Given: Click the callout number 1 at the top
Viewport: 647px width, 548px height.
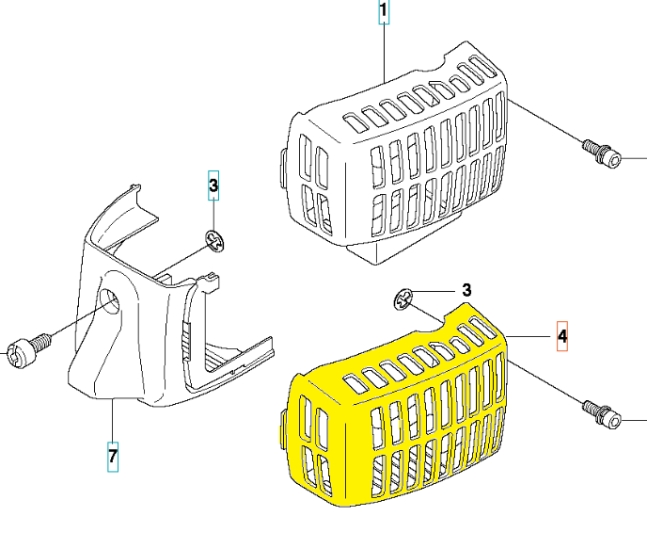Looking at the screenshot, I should tap(384, 12).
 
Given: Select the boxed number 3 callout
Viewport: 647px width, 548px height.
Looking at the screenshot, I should tap(213, 187).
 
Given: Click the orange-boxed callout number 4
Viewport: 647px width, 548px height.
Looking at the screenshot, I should tap(562, 335).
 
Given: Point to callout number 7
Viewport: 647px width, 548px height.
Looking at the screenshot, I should tap(112, 457).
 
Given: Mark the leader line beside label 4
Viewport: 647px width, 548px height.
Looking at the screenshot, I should tap(531, 336).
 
